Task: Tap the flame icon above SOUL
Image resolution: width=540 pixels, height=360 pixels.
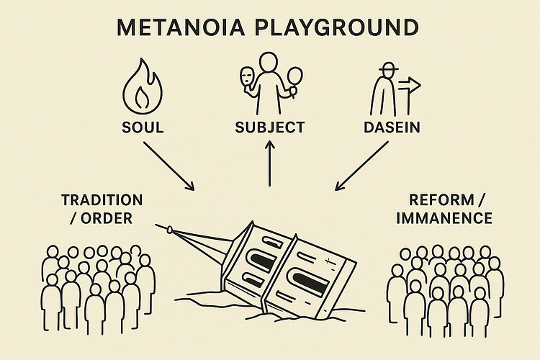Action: pos(143,89)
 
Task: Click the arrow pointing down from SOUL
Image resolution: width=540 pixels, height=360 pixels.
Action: pos(169,166)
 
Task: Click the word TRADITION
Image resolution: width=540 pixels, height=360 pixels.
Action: pos(102,199)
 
